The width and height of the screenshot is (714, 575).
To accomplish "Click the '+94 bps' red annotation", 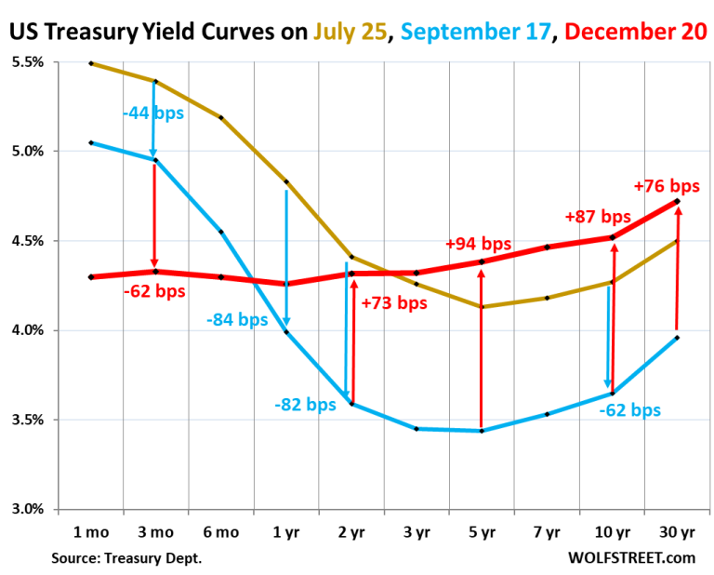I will [478, 244].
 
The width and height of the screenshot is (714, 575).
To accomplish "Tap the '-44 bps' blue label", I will [153, 113].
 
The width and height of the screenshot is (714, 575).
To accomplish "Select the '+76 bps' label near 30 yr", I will [666, 185].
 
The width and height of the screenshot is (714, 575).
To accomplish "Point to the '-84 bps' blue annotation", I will [237, 320].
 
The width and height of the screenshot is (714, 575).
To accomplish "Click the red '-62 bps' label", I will [154, 291].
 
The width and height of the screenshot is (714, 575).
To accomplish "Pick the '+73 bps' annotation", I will [393, 302].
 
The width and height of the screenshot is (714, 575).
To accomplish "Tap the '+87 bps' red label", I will [598, 216].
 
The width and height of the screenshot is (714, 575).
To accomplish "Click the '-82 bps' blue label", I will [305, 405].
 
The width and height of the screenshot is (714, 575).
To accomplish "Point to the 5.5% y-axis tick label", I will [29, 62].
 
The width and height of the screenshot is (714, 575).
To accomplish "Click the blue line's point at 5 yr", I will [482, 431].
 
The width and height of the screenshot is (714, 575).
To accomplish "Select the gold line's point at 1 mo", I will [90, 63].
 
